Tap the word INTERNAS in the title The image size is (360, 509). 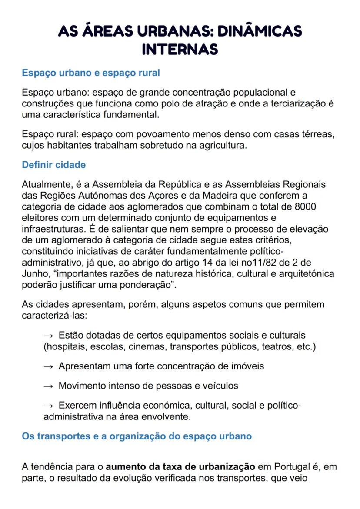[180, 49]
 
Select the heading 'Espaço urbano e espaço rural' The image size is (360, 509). [91, 73]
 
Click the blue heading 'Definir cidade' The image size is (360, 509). [53, 165]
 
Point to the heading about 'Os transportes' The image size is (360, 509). [137, 436]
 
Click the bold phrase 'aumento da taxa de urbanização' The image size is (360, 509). [180, 467]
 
